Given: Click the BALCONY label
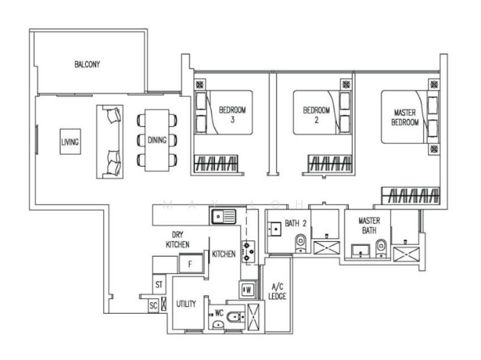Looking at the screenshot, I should (87, 64).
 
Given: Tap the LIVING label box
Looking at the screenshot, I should (70, 142).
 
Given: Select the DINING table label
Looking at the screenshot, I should (157, 140).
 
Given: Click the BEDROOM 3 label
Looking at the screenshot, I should (232, 114).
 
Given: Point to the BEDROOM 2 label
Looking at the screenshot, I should (316, 114).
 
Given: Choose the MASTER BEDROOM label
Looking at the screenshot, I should (405, 117).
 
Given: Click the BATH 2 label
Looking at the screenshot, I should (296, 224).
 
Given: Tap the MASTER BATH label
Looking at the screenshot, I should (368, 225).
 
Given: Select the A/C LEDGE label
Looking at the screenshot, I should (278, 291).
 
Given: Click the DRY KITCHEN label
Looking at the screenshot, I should (177, 240).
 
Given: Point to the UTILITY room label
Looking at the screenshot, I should (186, 304).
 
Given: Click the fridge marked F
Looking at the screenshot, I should (190, 263).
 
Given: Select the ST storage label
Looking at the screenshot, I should (159, 284).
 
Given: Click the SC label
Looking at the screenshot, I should (153, 305).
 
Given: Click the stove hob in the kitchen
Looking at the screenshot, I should (248, 251).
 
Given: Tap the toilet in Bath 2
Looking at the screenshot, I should (301, 243).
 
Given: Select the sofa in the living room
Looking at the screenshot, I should (111, 141).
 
